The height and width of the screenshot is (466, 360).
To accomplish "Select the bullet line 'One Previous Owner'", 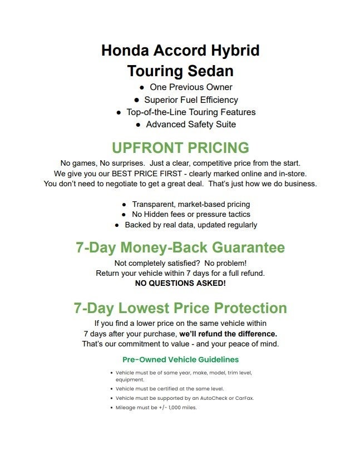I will pyautogui.click(x=191, y=87).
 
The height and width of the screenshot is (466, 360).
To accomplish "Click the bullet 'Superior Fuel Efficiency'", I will pyautogui.click(x=191, y=100).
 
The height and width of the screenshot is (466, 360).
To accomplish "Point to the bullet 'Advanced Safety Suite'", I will pyautogui.click(x=191, y=125).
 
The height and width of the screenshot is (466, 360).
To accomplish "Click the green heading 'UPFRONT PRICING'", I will pyautogui.click(x=180, y=148).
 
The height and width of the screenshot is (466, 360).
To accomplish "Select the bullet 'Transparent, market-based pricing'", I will pyautogui.click(x=191, y=205).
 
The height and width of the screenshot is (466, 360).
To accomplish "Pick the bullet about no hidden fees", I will pyautogui.click(x=191, y=215).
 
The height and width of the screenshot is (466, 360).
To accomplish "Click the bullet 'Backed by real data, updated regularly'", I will pyautogui.click(x=191, y=225).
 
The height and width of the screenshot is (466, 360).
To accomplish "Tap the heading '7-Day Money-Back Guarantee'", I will pyautogui.click(x=180, y=247).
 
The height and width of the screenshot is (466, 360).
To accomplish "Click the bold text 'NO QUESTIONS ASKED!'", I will pyautogui.click(x=180, y=283).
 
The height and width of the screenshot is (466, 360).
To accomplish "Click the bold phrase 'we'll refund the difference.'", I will pyautogui.click(x=228, y=334).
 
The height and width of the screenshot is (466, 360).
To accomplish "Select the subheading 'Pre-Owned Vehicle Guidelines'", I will pyautogui.click(x=180, y=360).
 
